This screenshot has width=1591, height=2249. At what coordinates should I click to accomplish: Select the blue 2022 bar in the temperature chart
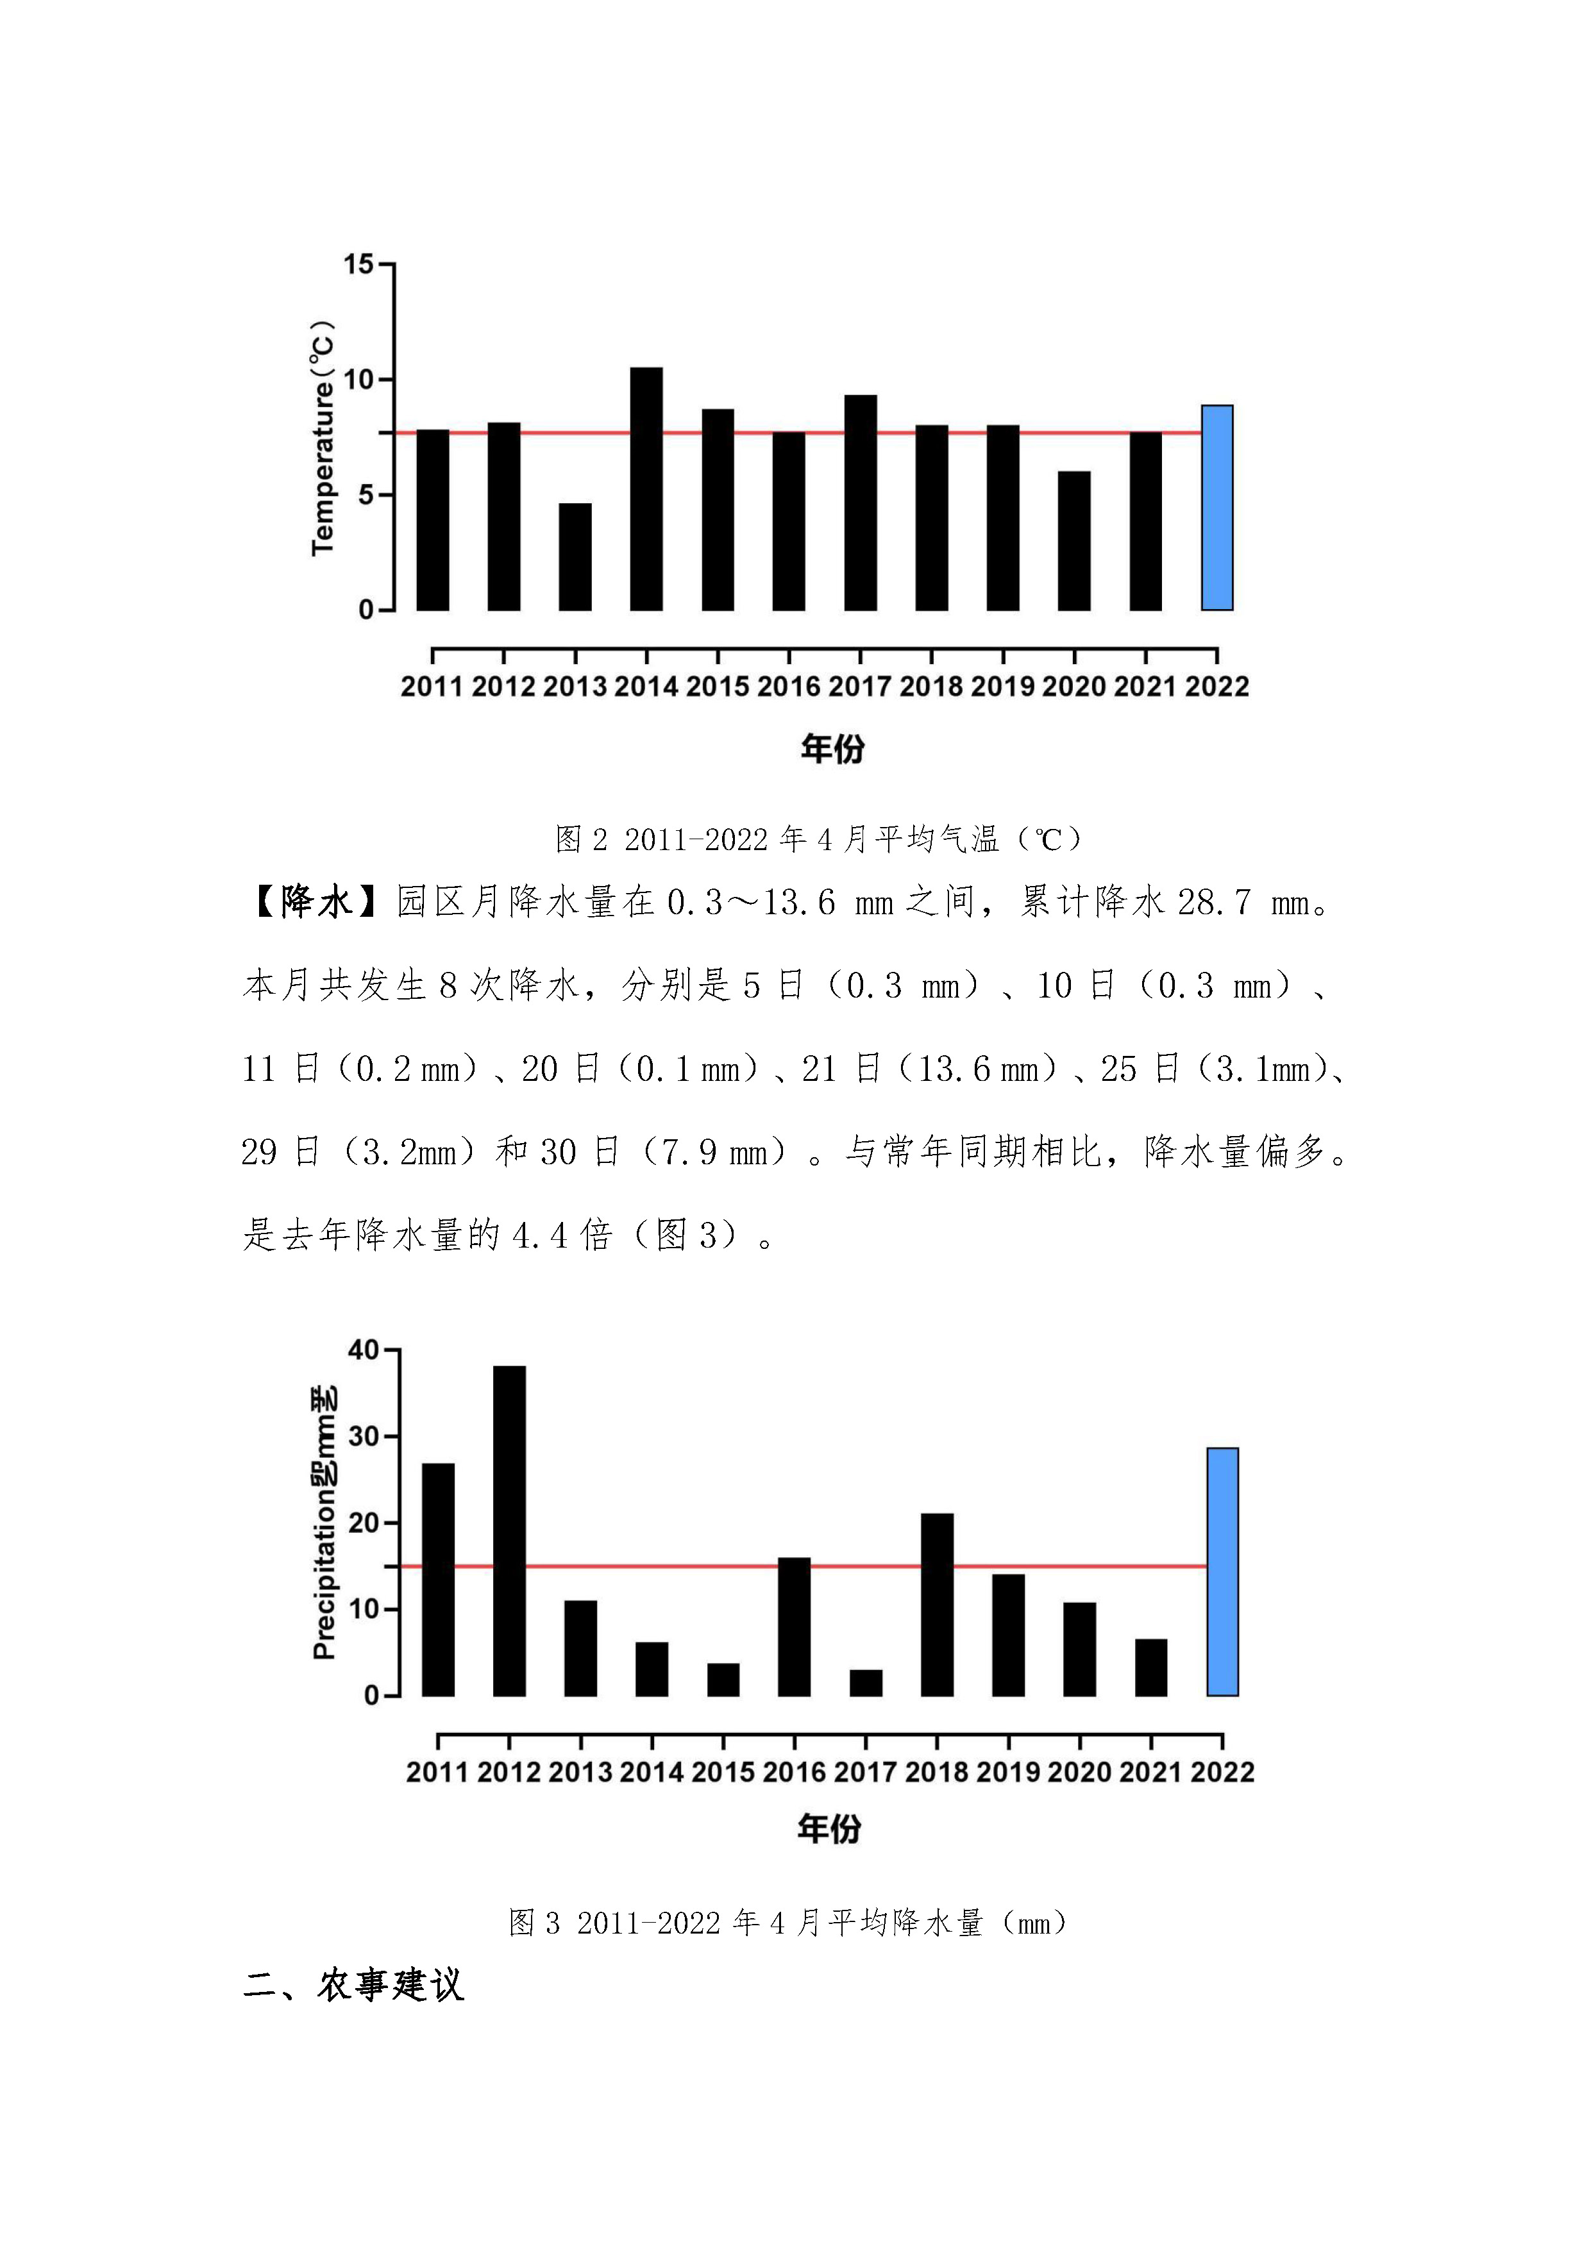(1216, 507)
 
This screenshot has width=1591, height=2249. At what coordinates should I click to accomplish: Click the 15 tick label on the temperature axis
(358, 265)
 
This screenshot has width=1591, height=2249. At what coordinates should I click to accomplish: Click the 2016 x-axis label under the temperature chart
(789, 687)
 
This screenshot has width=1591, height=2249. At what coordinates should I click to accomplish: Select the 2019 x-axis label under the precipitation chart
(1008, 1772)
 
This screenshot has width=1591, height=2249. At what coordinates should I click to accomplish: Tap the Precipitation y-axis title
(324, 1523)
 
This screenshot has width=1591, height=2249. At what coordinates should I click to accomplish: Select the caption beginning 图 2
(819, 839)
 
